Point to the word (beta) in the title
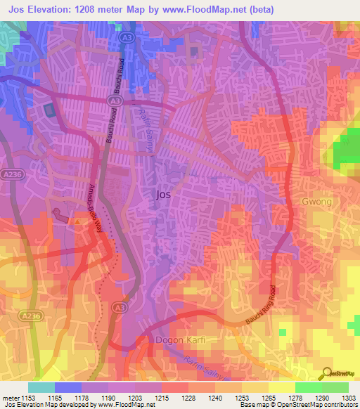259,9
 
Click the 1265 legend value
269,398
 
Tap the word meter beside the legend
11,398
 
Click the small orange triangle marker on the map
76,220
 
